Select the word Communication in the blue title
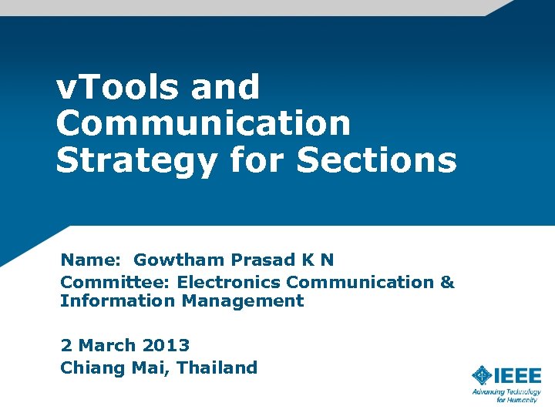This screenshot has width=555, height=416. click(x=203, y=123)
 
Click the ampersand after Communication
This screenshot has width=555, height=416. click(x=447, y=282)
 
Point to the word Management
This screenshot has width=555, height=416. click(x=243, y=301)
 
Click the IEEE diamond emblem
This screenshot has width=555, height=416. click(x=482, y=375)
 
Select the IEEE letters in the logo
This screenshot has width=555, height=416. click(x=518, y=375)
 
